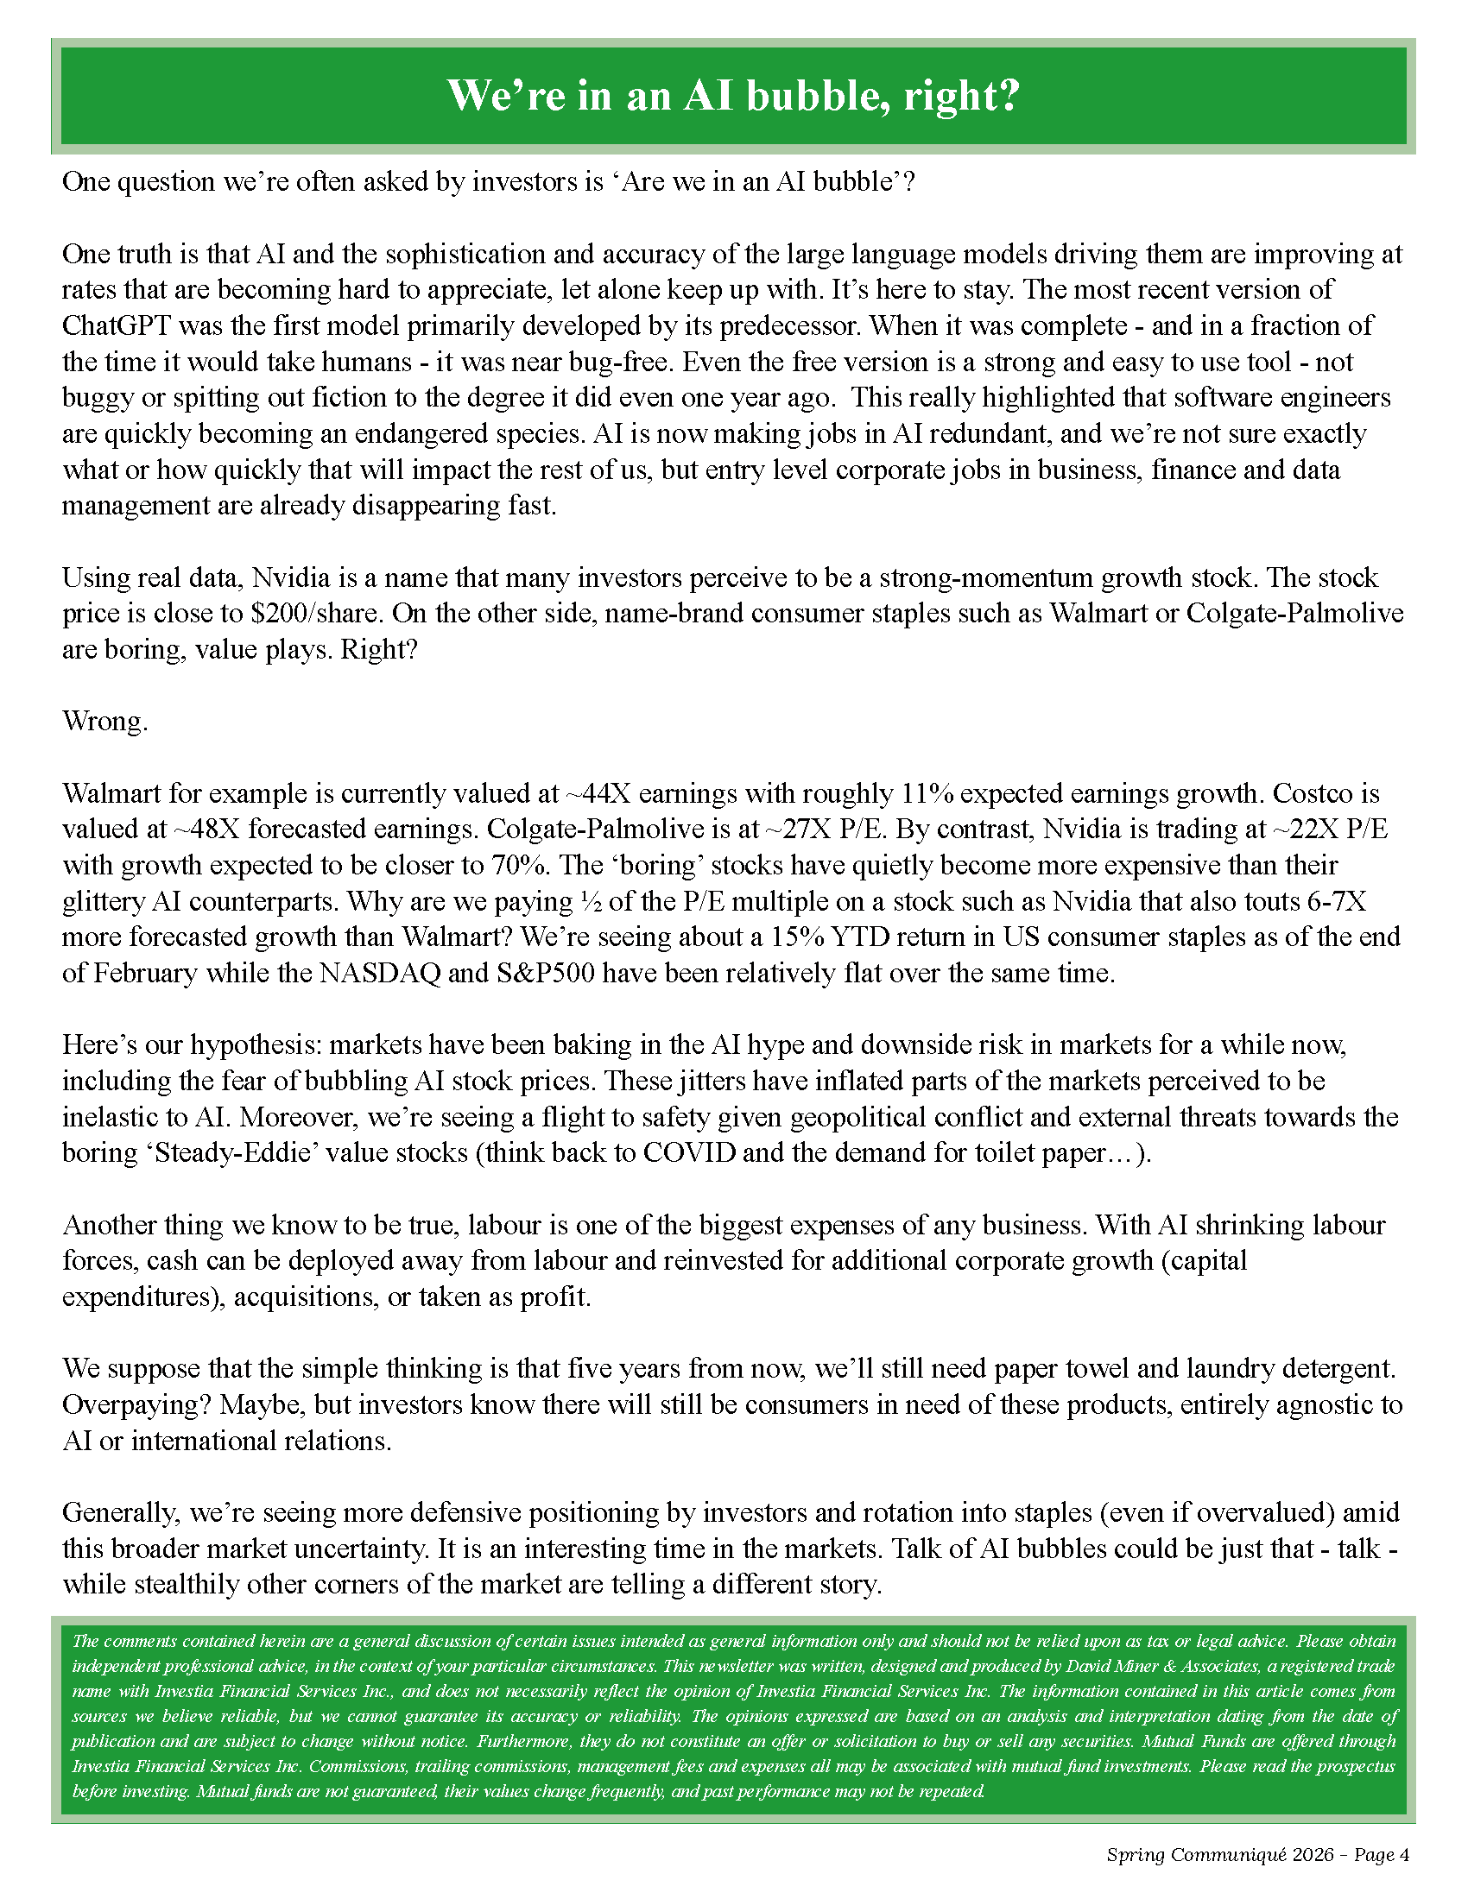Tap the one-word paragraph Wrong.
point(105,722)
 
